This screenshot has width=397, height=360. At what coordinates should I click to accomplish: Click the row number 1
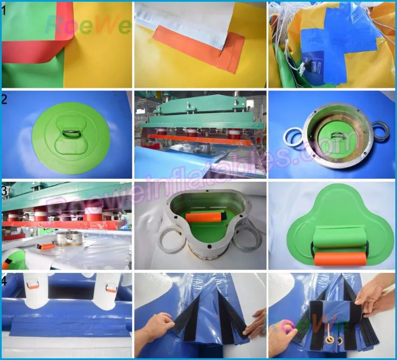click(5, 10)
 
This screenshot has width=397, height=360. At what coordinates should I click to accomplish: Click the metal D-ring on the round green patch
click(69, 134)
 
